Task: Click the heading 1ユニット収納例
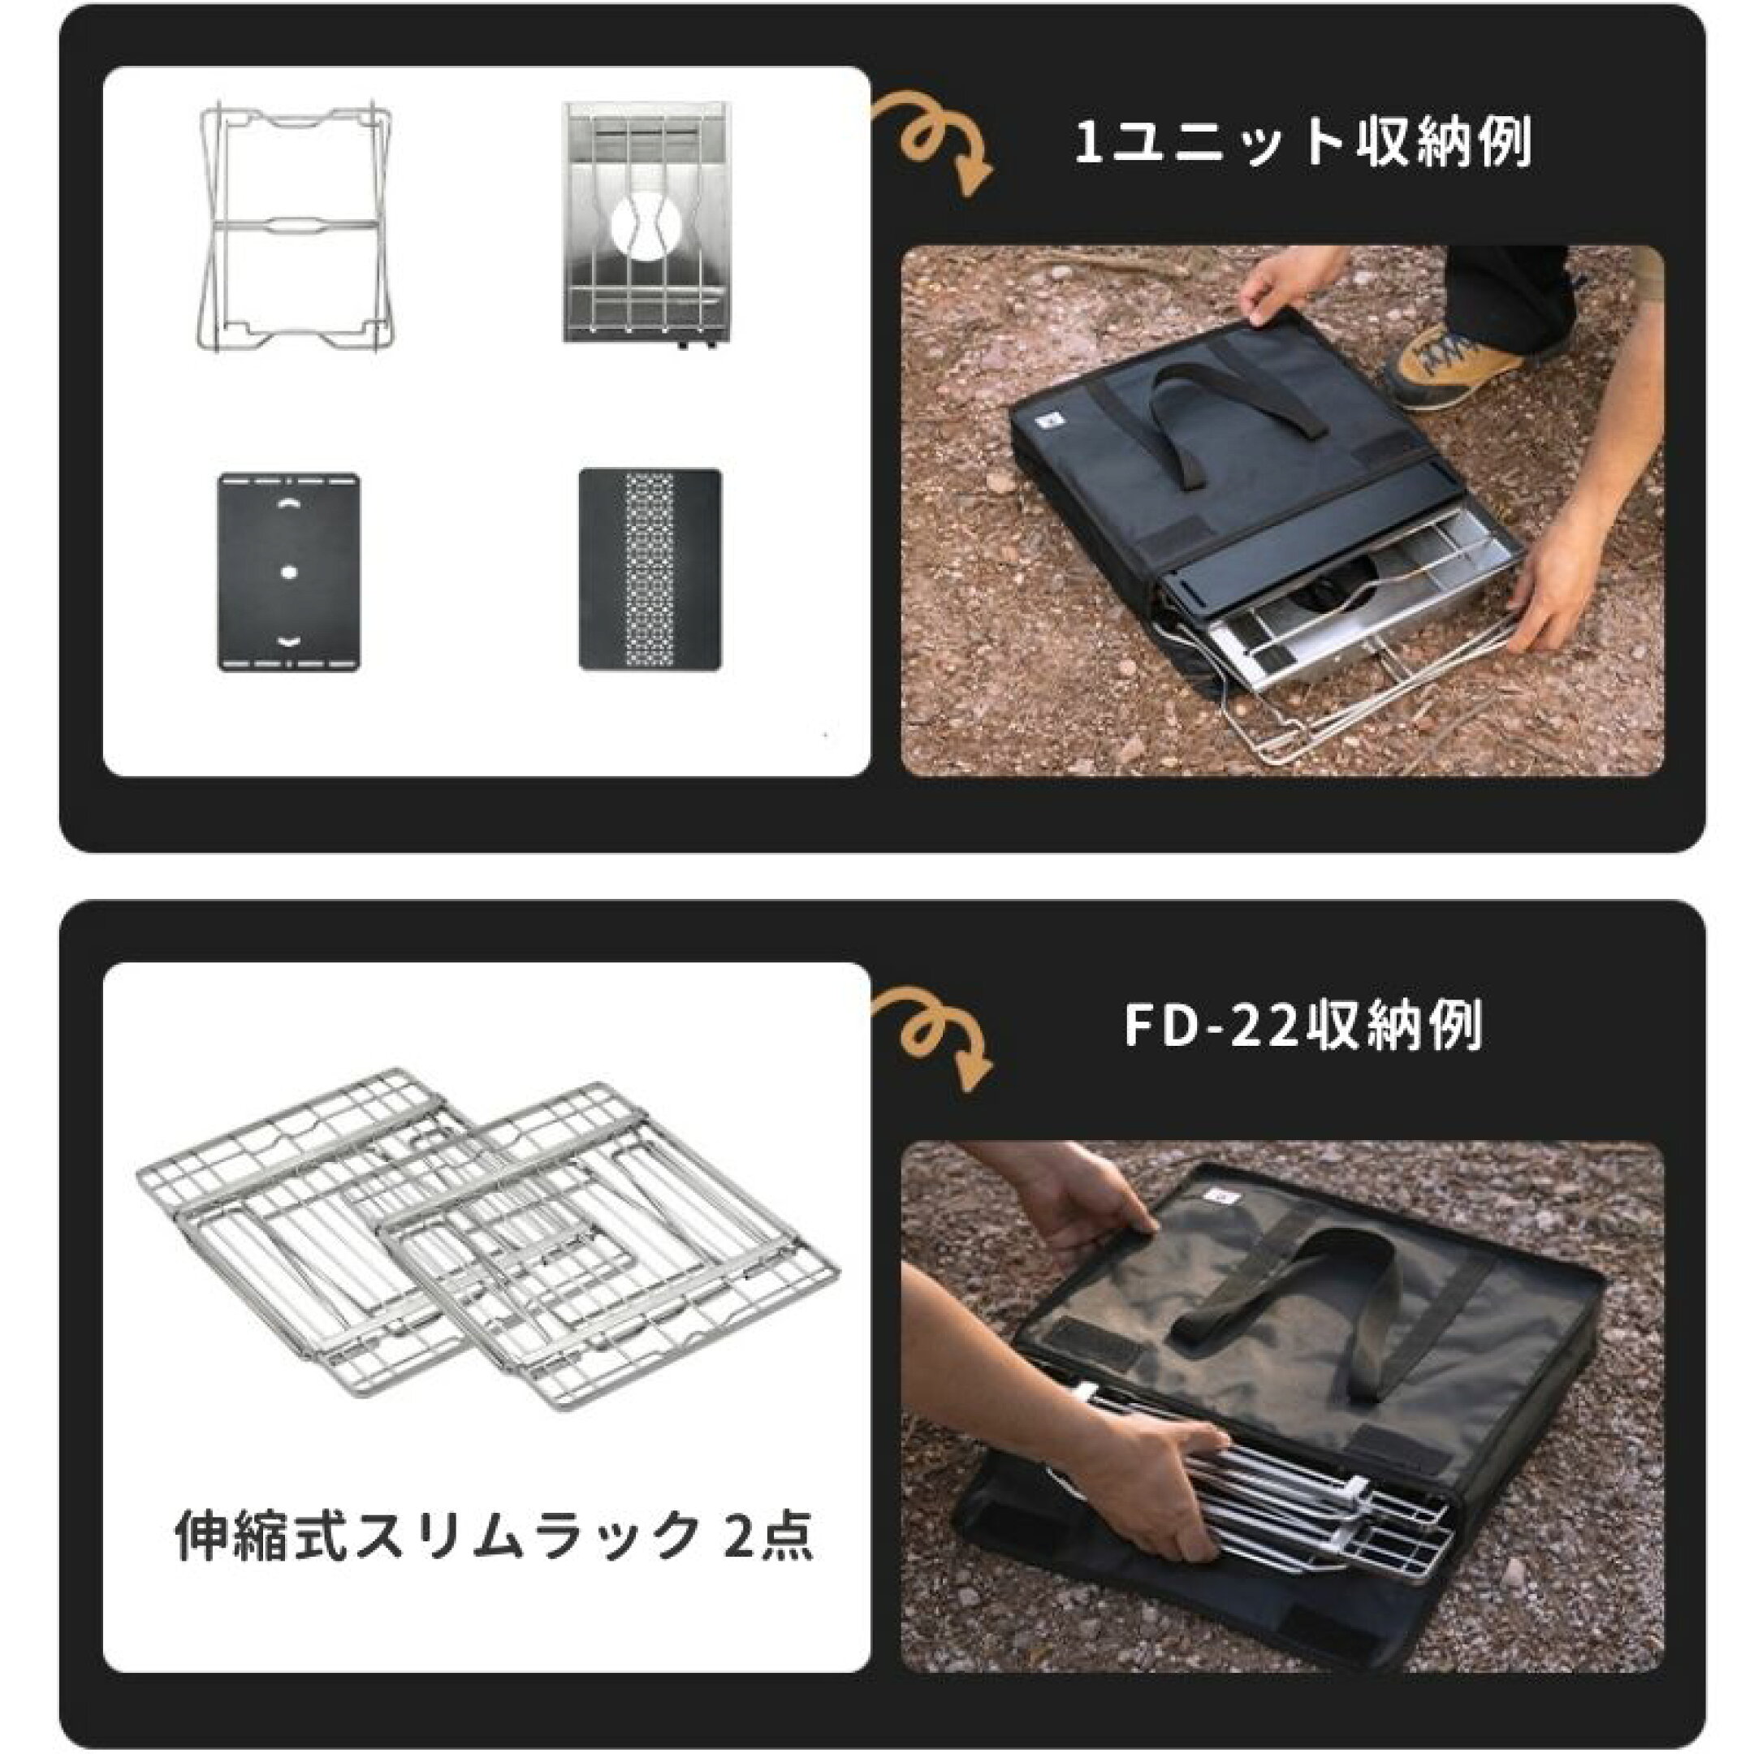[x=1303, y=144]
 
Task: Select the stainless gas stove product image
[x=646, y=222]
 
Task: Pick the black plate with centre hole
[x=289, y=572]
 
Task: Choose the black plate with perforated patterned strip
[x=650, y=569]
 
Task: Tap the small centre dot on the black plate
[x=289, y=572]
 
